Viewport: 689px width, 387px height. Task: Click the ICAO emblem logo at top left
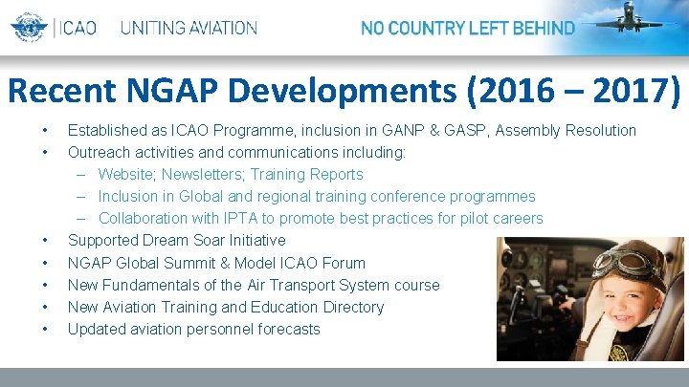click(x=29, y=28)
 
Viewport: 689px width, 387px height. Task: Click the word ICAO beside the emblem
click(x=78, y=28)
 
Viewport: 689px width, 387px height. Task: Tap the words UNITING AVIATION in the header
click(x=189, y=28)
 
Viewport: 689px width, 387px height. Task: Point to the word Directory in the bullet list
click(x=351, y=307)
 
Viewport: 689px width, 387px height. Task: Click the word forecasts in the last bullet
click(x=286, y=329)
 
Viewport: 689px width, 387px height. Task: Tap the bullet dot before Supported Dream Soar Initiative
click(x=44, y=240)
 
